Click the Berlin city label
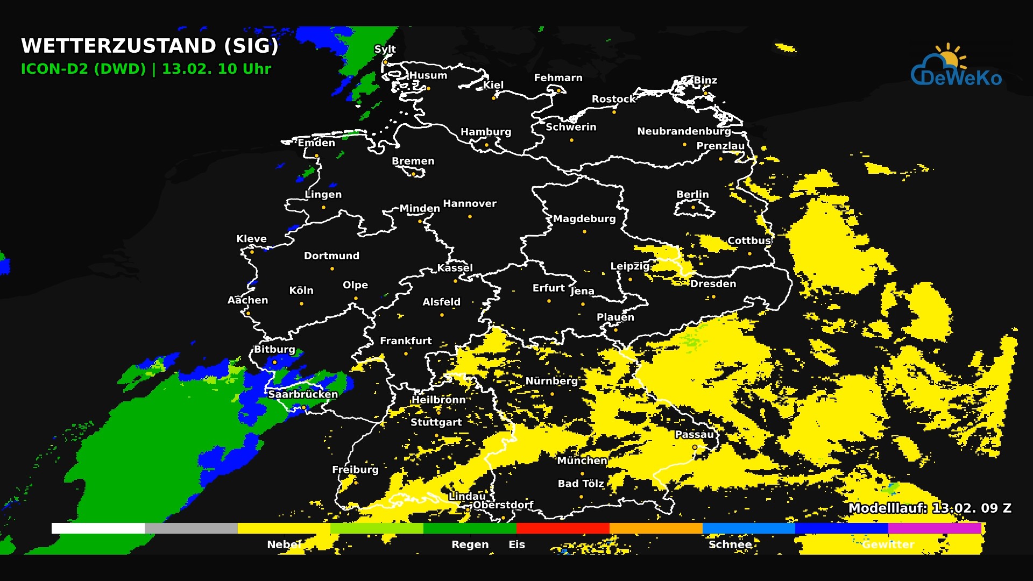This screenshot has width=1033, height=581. click(x=692, y=194)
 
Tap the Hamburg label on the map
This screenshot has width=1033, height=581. click(x=486, y=132)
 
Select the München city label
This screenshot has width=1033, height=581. click(x=582, y=460)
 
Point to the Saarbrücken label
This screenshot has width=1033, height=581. click(x=303, y=394)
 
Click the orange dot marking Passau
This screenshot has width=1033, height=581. click(x=695, y=447)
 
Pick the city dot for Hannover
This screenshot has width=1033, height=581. click(x=470, y=216)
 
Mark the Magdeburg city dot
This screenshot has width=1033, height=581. click(x=584, y=231)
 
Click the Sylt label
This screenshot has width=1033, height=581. click(x=385, y=49)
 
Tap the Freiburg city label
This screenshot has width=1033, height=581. click(x=355, y=470)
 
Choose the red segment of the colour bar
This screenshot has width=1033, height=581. click(x=563, y=528)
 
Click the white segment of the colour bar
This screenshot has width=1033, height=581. click(x=98, y=528)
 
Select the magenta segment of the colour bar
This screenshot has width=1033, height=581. click(x=935, y=528)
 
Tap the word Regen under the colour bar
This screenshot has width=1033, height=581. click(x=470, y=544)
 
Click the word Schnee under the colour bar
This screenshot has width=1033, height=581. click(x=730, y=544)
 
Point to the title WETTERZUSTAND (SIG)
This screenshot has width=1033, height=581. click(x=150, y=46)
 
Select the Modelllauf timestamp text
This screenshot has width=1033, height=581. click(x=930, y=508)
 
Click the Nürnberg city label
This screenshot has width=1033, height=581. click(x=551, y=381)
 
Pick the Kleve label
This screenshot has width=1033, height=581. click(x=251, y=239)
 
